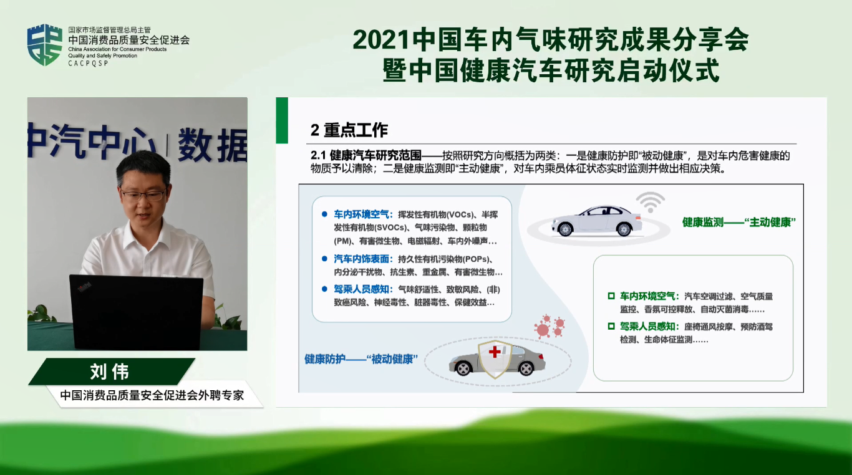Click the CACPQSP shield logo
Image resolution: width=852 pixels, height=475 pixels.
pyautogui.click(x=45, y=45)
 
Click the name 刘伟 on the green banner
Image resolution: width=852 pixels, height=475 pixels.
pyautogui.click(x=110, y=372)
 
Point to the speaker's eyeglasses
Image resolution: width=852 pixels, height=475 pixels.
pyautogui.click(x=143, y=196)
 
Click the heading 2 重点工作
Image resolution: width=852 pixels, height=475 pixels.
pyautogui.click(x=349, y=130)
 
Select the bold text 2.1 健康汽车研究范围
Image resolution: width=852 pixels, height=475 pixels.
pyautogui.click(x=366, y=155)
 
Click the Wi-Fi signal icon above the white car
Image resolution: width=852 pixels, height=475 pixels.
pyautogui.click(x=651, y=202)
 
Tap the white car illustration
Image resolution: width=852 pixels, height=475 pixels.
pyautogui.click(x=596, y=221)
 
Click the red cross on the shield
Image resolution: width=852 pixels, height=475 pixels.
pyautogui.click(x=495, y=352)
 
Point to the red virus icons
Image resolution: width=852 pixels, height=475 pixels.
pyautogui.click(x=549, y=326)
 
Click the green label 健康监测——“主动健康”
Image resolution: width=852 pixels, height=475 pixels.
pyautogui.click(x=738, y=223)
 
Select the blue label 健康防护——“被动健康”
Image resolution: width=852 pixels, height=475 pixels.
pyautogui.click(x=361, y=359)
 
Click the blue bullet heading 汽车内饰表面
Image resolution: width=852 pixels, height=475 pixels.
pyautogui.click(x=361, y=259)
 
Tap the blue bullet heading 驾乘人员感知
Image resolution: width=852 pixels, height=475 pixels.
pyautogui.click(x=361, y=290)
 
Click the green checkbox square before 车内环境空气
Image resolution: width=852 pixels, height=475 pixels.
pyautogui.click(x=611, y=296)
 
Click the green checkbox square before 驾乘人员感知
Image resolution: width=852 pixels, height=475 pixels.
pyautogui.click(x=611, y=327)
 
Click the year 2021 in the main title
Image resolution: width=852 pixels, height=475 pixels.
pyautogui.click(x=381, y=40)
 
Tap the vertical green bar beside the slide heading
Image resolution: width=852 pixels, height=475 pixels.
pyautogui.click(x=282, y=120)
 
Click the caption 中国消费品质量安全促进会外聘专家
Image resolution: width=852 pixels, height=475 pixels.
pyautogui.click(x=152, y=396)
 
